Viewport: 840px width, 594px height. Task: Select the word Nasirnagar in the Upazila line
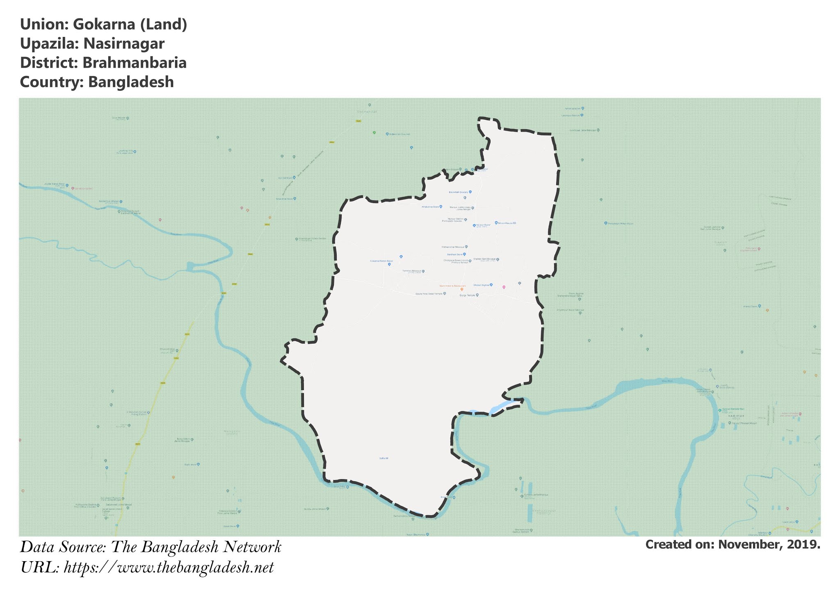[124, 43]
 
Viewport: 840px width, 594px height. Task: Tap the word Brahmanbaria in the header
[135, 63]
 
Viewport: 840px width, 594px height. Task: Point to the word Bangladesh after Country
[131, 82]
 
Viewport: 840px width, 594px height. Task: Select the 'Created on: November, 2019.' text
[733, 544]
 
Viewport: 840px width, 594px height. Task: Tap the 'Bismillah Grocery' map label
[458, 192]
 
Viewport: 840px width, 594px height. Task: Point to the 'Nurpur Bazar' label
[484, 225]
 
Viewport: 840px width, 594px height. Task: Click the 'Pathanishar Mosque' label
[453, 247]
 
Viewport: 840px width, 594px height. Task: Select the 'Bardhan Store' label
[454, 254]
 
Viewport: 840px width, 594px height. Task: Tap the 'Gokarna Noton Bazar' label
[381, 261]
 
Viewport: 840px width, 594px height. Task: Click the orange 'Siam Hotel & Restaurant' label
[452, 286]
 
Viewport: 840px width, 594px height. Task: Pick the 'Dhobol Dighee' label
[482, 285]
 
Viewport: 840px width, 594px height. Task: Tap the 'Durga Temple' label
[467, 295]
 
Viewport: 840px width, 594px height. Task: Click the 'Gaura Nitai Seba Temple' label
[429, 294]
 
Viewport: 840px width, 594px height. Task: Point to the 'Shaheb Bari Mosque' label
[484, 259]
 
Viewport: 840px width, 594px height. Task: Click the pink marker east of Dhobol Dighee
[504, 287]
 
